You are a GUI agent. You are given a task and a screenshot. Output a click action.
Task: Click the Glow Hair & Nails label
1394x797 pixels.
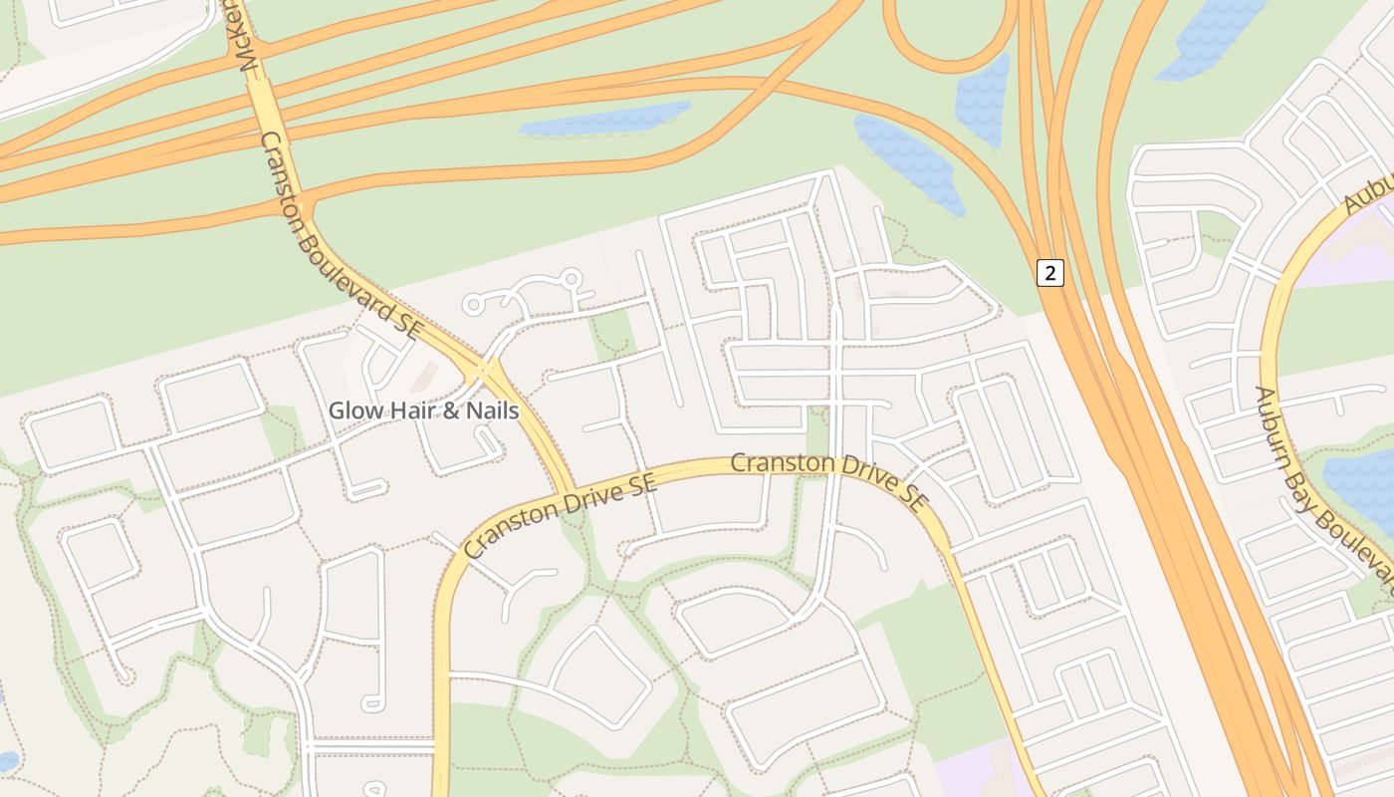(423, 409)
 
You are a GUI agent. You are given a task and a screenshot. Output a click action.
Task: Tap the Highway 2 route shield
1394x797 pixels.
(1049, 272)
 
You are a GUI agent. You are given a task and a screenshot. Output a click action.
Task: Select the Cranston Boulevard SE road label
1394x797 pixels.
(342, 237)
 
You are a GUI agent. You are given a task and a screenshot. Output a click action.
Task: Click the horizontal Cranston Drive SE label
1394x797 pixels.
(827, 465)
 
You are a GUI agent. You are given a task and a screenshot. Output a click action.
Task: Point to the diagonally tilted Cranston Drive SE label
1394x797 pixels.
(560, 515)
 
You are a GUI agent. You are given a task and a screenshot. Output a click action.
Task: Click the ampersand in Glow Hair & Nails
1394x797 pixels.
(449, 409)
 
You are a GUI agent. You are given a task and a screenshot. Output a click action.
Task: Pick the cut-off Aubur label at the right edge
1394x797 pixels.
(1369, 189)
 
